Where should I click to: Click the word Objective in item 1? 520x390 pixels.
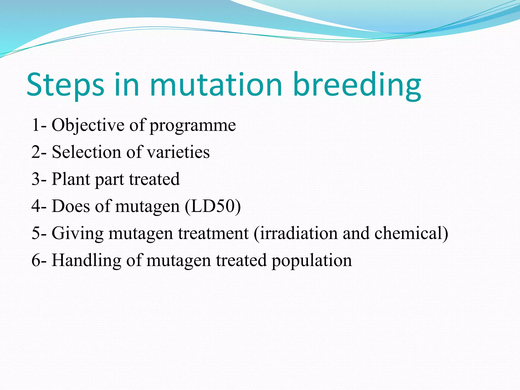[88, 125]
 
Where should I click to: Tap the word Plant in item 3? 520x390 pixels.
[71, 179]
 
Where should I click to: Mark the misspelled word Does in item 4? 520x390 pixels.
[71, 206]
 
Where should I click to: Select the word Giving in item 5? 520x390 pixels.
[77, 233]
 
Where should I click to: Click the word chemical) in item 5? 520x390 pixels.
[411, 233]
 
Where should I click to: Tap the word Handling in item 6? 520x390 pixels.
[86, 260]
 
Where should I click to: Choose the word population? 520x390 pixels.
[312, 261]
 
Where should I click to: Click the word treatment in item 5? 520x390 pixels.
[213, 233]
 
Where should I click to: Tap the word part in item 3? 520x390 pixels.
[109, 180]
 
